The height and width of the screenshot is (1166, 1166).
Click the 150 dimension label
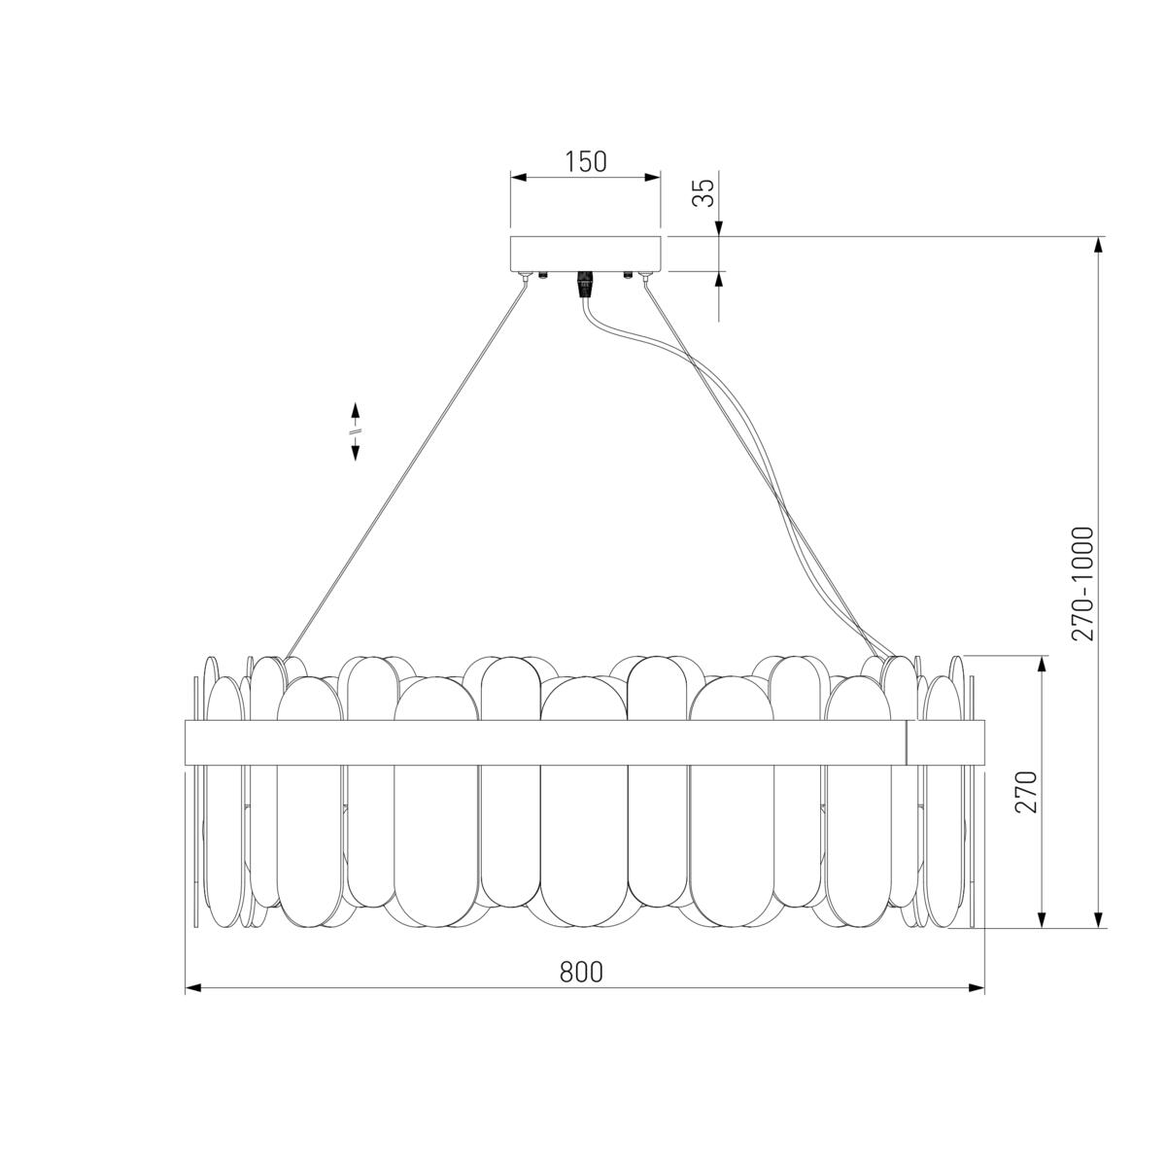click(x=586, y=161)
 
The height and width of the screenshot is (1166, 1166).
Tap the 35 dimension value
click(x=703, y=192)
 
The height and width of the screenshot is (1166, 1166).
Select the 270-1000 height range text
click(x=1083, y=583)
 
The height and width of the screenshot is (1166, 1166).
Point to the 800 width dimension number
click(x=581, y=972)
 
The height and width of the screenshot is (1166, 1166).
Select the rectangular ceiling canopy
click(x=586, y=253)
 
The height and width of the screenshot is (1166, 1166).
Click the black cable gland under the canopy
click(x=585, y=285)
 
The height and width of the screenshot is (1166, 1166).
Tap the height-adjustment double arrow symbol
click(x=356, y=430)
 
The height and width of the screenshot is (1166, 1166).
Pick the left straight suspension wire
click(x=408, y=466)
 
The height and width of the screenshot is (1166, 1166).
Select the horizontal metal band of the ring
click(x=544, y=742)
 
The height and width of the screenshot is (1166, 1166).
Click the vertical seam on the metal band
click(x=907, y=742)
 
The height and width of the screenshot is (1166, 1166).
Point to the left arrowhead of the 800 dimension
click(x=192, y=988)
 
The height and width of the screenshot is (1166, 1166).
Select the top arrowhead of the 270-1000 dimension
click(x=1100, y=244)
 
